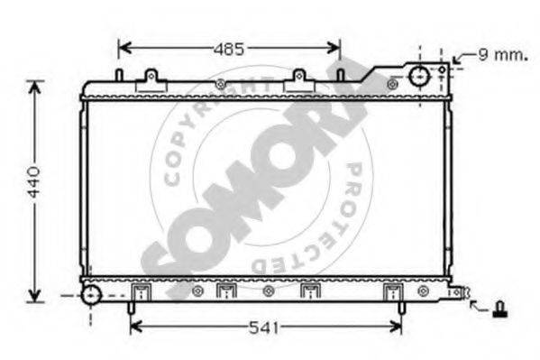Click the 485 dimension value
click(x=229, y=50)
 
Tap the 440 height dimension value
click(x=33, y=182)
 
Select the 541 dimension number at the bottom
click(x=264, y=328)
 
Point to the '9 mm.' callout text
click(x=503, y=54)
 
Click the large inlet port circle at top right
click(x=419, y=76)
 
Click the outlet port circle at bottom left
click(x=91, y=296)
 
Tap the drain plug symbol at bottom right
click(x=499, y=309)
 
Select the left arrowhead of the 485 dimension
click(x=124, y=48)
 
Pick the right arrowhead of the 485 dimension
click(x=334, y=48)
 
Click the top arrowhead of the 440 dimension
click(x=34, y=88)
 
